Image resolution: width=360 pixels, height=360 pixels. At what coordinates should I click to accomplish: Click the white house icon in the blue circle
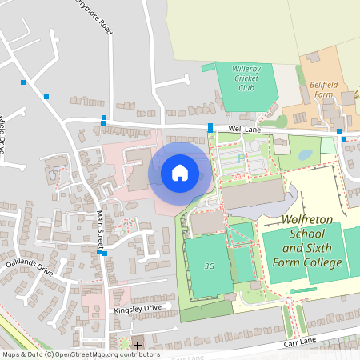coord(179,172)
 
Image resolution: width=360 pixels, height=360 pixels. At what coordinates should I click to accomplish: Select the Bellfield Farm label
coord(322,88)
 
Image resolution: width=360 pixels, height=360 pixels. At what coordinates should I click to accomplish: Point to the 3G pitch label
coord(210,266)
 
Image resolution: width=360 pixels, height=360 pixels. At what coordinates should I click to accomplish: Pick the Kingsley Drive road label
coord(138,307)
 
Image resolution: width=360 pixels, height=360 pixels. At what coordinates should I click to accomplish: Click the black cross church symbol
coord(138,346)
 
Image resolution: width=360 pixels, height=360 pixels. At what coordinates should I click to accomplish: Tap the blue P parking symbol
coord(241,157)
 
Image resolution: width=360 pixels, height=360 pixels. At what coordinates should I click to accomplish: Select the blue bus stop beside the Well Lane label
coord(210,128)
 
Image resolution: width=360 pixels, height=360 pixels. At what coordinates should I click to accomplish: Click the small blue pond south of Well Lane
coord(306,151)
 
